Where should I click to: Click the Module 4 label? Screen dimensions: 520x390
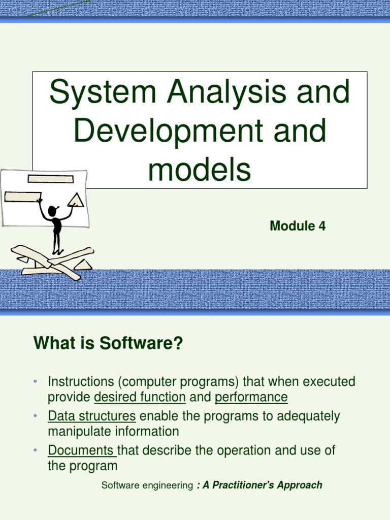click(297, 226)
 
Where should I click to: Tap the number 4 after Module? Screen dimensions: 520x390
click(321, 226)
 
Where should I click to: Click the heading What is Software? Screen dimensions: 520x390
click(108, 344)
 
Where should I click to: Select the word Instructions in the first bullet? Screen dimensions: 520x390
click(79, 382)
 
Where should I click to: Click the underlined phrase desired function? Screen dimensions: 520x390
click(140, 397)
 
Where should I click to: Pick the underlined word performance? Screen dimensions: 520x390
click(251, 397)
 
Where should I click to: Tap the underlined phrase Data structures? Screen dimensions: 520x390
click(92, 416)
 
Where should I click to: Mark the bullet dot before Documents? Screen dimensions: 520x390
click(36, 450)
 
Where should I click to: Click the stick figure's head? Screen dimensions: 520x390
click(52, 210)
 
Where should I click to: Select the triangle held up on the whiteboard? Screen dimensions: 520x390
click(76, 200)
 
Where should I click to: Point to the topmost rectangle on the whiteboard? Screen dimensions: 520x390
click(51, 178)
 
